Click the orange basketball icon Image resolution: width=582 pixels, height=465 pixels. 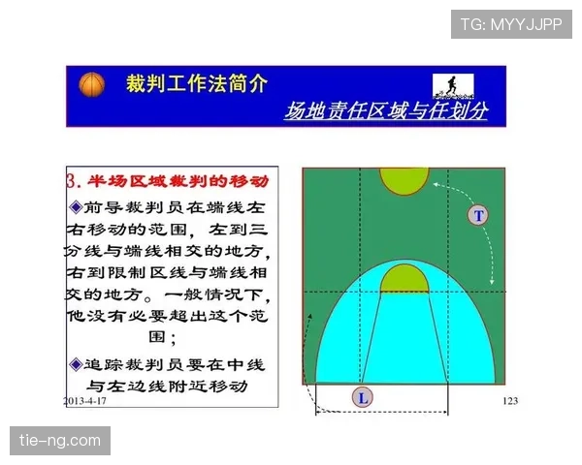tap(90, 84)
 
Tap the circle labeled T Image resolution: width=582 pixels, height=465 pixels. tap(477, 215)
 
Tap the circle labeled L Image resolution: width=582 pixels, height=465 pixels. tap(362, 397)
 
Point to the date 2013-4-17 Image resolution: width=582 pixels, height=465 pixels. tap(85, 399)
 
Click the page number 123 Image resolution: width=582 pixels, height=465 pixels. tap(510, 399)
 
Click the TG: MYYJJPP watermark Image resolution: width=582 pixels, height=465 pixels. tap(510, 23)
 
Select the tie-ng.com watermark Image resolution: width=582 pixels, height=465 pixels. tap(61, 441)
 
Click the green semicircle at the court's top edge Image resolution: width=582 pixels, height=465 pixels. tap(404, 179)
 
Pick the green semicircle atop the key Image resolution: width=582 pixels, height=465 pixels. tap(404, 280)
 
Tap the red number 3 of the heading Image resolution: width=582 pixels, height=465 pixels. tap(71, 181)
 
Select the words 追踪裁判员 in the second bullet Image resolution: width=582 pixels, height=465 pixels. tap(131, 364)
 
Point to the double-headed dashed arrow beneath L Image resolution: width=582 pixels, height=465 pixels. tap(381, 414)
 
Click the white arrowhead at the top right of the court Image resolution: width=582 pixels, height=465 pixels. tap(439, 181)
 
